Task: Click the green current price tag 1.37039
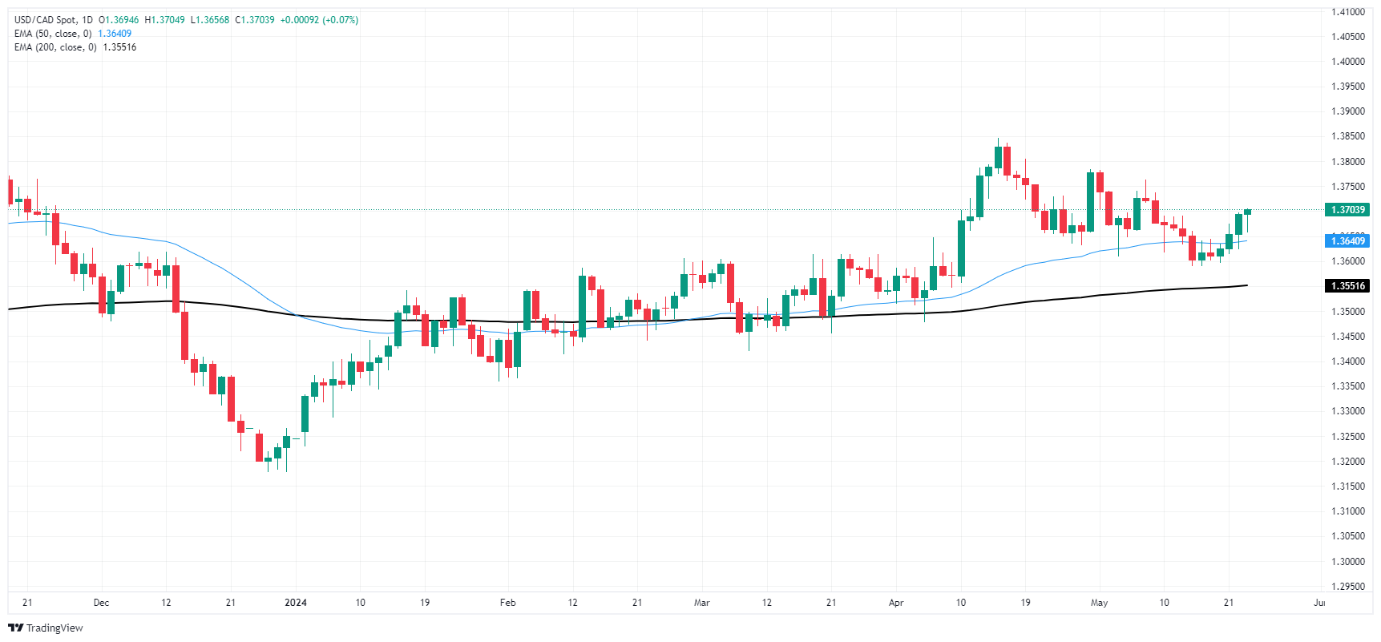pyautogui.click(x=1347, y=210)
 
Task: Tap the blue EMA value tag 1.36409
pyautogui.click(x=1347, y=240)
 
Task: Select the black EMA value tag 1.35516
pyautogui.click(x=1347, y=286)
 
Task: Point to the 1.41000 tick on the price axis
pyautogui.click(x=1347, y=12)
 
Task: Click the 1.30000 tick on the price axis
pyautogui.click(x=1347, y=561)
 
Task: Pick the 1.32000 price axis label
pyautogui.click(x=1347, y=462)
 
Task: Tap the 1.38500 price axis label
pyautogui.click(x=1347, y=136)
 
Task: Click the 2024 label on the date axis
pyautogui.click(x=296, y=603)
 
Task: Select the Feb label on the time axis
pyautogui.click(x=507, y=603)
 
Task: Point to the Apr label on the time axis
pyautogui.click(x=896, y=603)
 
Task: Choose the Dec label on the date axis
pyautogui.click(x=101, y=603)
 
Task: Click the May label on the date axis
pyautogui.click(x=1099, y=603)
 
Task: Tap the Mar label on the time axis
pyautogui.click(x=701, y=603)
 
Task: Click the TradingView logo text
pyautogui.click(x=54, y=628)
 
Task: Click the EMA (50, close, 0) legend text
pyautogui.click(x=53, y=34)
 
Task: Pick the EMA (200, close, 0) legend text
pyautogui.click(x=55, y=47)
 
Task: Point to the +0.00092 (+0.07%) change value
pyautogui.click(x=319, y=20)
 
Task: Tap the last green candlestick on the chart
pyautogui.click(x=1247, y=212)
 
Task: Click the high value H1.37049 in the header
pyautogui.click(x=164, y=20)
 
